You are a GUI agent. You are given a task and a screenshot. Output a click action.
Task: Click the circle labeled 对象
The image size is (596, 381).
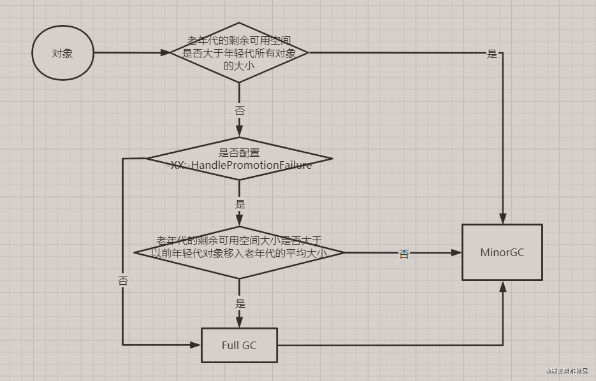[x=62, y=54]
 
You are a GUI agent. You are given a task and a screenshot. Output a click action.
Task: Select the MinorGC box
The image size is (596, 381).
[x=502, y=252]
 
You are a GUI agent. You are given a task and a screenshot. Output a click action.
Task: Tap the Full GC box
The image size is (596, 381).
[x=239, y=345]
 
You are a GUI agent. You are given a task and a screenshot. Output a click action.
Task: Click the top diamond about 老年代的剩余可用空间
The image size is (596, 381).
[x=239, y=54]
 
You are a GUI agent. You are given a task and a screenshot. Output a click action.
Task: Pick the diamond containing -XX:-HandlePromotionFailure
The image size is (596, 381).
[x=239, y=159]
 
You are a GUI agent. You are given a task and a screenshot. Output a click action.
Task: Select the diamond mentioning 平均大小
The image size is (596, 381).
[x=239, y=252]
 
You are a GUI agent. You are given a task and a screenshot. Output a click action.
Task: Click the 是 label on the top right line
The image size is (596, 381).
[x=491, y=54]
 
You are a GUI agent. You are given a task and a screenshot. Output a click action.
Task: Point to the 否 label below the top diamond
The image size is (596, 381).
[x=240, y=111]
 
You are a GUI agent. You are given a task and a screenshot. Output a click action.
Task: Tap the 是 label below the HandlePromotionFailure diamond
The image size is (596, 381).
[x=240, y=205]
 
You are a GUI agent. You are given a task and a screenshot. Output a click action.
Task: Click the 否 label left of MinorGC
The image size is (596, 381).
[x=404, y=254]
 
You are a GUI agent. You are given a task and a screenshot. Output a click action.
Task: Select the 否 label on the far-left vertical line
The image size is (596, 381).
[x=123, y=280]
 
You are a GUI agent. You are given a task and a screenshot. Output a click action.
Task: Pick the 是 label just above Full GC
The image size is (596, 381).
[x=240, y=304]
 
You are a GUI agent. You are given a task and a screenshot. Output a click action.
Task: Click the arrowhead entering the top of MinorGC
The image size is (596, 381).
[x=503, y=219]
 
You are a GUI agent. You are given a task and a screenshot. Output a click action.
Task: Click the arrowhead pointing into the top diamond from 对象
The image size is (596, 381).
[x=164, y=54]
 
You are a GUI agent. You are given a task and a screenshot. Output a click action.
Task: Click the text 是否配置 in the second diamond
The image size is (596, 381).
[x=239, y=153]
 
